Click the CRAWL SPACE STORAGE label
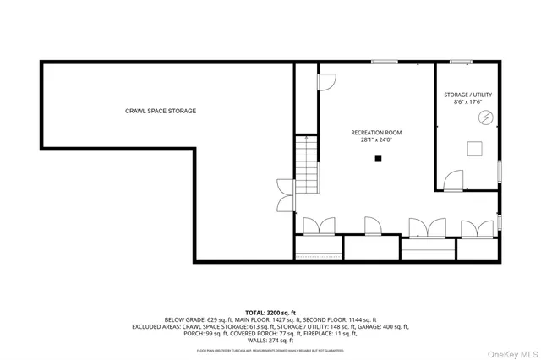161,111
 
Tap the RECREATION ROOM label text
376,133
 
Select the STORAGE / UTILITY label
467,95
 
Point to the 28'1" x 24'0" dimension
376,140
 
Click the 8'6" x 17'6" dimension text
467,102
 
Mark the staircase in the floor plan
307,164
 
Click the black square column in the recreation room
379,158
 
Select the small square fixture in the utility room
476,148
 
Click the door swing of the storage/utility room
455,179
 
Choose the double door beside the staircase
286,195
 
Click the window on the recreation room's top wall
385,61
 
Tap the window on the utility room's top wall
461,61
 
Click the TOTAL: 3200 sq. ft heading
270,312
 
